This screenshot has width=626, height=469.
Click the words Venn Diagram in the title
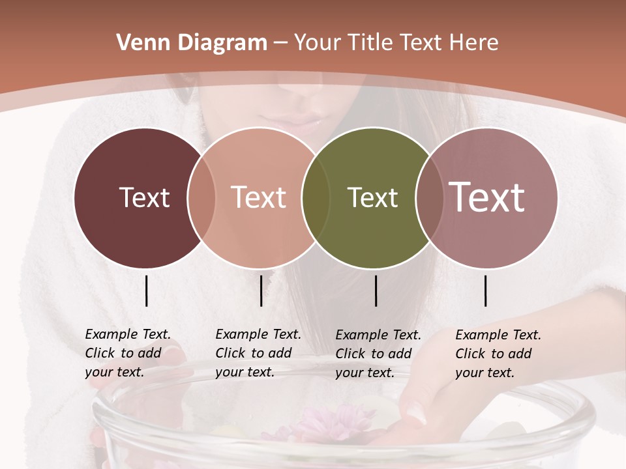[192, 43]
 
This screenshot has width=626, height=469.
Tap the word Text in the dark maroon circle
[144, 197]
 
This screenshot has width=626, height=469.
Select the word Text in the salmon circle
[259, 197]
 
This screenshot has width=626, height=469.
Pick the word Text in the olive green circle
[372, 197]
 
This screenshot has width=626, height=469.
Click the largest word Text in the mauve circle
[487, 197]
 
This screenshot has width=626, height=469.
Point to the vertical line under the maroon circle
[147, 291]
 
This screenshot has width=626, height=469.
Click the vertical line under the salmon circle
[261, 291]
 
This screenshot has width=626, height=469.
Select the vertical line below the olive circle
[376, 291]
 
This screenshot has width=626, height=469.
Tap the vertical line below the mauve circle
[486, 291]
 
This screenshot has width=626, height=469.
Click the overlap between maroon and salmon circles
[201, 197]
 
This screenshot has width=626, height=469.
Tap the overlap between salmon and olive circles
[316, 197]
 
